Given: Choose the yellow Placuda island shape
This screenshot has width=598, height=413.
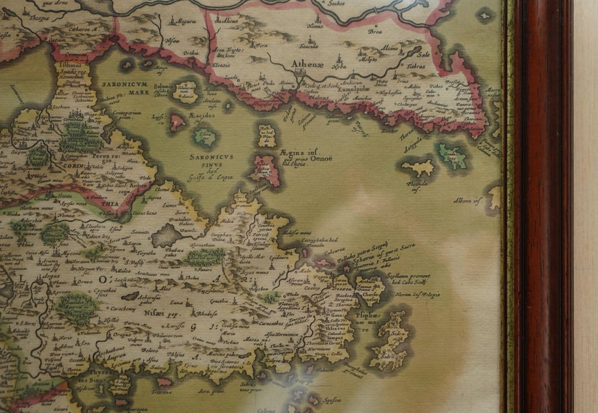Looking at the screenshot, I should click(x=418, y=167).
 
